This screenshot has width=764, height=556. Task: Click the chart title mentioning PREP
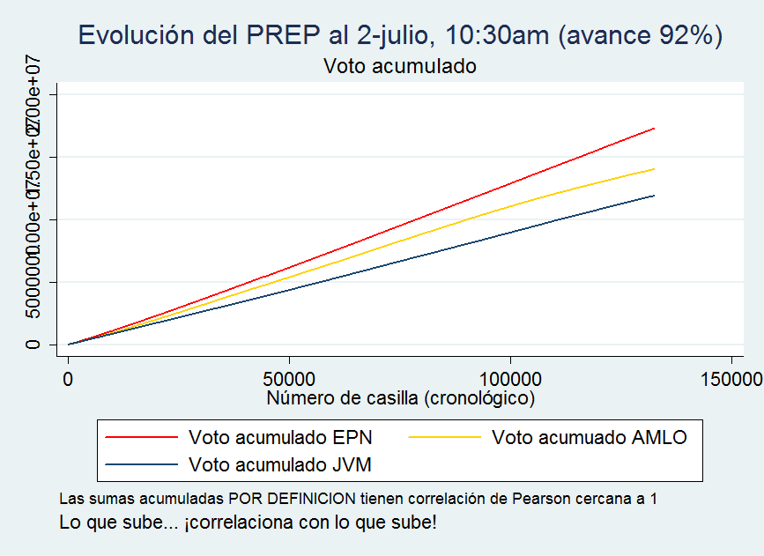click(400, 35)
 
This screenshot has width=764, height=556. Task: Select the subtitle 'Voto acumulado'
click(400, 66)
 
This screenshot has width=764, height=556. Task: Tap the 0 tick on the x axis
click(68, 380)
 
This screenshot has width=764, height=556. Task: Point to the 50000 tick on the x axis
click(290, 380)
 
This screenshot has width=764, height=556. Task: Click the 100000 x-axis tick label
click(511, 380)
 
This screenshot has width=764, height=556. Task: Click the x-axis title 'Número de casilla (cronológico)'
click(401, 398)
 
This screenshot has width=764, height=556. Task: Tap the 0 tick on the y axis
click(33, 345)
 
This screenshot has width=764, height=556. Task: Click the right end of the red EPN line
click(654, 129)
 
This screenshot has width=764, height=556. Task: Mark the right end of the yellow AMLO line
click(654, 168)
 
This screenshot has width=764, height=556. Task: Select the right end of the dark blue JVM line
click(654, 196)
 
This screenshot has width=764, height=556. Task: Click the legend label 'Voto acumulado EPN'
click(280, 436)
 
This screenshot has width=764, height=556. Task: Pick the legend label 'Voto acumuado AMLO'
click(589, 436)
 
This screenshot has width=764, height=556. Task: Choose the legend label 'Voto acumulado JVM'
click(281, 463)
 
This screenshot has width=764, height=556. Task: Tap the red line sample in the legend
click(141, 436)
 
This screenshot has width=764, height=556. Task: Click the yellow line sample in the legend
click(444, 436)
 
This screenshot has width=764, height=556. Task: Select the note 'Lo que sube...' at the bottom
click(248, 522)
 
